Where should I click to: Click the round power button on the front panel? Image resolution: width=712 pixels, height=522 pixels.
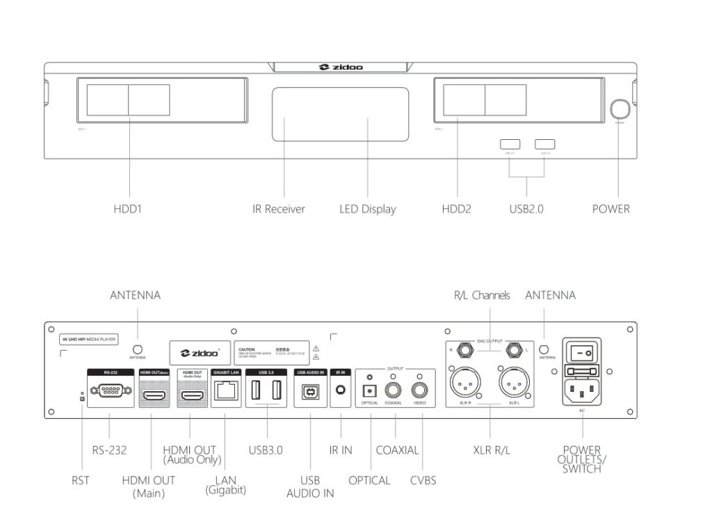tap(620, 109)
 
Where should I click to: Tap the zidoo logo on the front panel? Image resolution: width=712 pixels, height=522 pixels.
tap(341, 68)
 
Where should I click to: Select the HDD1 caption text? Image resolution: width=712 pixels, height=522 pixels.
tap(128, 208)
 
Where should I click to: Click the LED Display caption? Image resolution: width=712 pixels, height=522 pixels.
tap(368, 209)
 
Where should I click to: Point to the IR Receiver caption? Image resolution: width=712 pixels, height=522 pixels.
tap(278, 209)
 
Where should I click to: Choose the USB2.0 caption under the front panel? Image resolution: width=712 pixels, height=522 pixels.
tap(526, 208)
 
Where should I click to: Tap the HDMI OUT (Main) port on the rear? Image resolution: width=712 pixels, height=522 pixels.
tap(154, 395)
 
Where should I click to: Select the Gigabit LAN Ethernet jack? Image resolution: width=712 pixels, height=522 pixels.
tap(225, 392)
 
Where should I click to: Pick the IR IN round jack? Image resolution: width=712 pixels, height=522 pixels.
tap(341, 391)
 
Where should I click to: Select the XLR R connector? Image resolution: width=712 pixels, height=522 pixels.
tap(464, 383)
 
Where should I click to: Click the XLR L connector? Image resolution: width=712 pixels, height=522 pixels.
tap(514, 383)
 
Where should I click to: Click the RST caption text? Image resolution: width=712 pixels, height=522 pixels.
tap(81, 480)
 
